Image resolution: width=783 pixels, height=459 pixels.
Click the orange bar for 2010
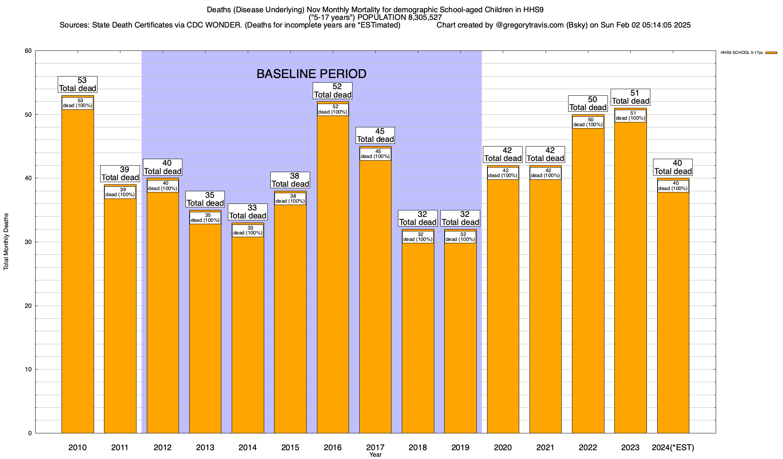pos(78,268)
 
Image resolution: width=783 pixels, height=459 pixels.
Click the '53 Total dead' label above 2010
pos(78,85)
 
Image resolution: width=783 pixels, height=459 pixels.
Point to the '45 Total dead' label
pos(375,135)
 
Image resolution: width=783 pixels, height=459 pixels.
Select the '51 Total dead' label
pos(630,97)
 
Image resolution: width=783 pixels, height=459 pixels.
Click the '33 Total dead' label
pos(248,212)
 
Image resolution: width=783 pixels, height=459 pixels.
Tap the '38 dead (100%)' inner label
pos(290,199)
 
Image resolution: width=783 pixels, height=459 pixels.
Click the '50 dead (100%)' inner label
pos(588,122)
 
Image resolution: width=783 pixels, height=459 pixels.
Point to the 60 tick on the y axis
pos(28,51)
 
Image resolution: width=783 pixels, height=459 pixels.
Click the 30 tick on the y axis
pos(28,242)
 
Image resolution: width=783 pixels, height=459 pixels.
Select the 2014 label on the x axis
pos(248,448)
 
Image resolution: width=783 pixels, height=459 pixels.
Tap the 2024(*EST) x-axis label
pos(673,448)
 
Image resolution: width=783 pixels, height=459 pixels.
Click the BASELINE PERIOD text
pos(311,74)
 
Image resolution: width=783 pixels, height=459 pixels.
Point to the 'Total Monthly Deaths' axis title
pos(6,242)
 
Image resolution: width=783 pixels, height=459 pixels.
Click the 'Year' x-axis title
pos(375,455)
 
